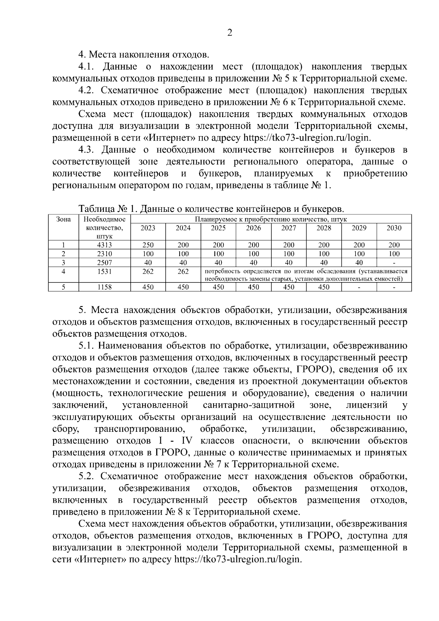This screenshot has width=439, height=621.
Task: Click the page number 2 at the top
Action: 229,33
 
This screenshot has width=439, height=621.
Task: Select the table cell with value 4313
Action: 104,245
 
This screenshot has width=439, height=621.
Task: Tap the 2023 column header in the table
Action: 148,228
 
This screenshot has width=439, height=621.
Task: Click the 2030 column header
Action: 394,228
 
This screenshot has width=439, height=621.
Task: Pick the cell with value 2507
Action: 104,262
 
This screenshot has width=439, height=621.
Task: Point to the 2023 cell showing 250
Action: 148,245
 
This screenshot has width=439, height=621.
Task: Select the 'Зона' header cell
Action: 63,220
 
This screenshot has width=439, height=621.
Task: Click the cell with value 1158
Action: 104,287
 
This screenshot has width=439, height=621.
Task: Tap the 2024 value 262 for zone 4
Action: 183,272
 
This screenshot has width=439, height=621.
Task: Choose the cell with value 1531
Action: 104,272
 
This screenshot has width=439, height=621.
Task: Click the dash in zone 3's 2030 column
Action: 394,263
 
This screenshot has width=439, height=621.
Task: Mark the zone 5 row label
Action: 63,287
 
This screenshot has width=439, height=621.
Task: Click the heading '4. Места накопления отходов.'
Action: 144,55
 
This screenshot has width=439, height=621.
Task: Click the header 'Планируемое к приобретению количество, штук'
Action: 271,220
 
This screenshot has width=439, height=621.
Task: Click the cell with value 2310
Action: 104,254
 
